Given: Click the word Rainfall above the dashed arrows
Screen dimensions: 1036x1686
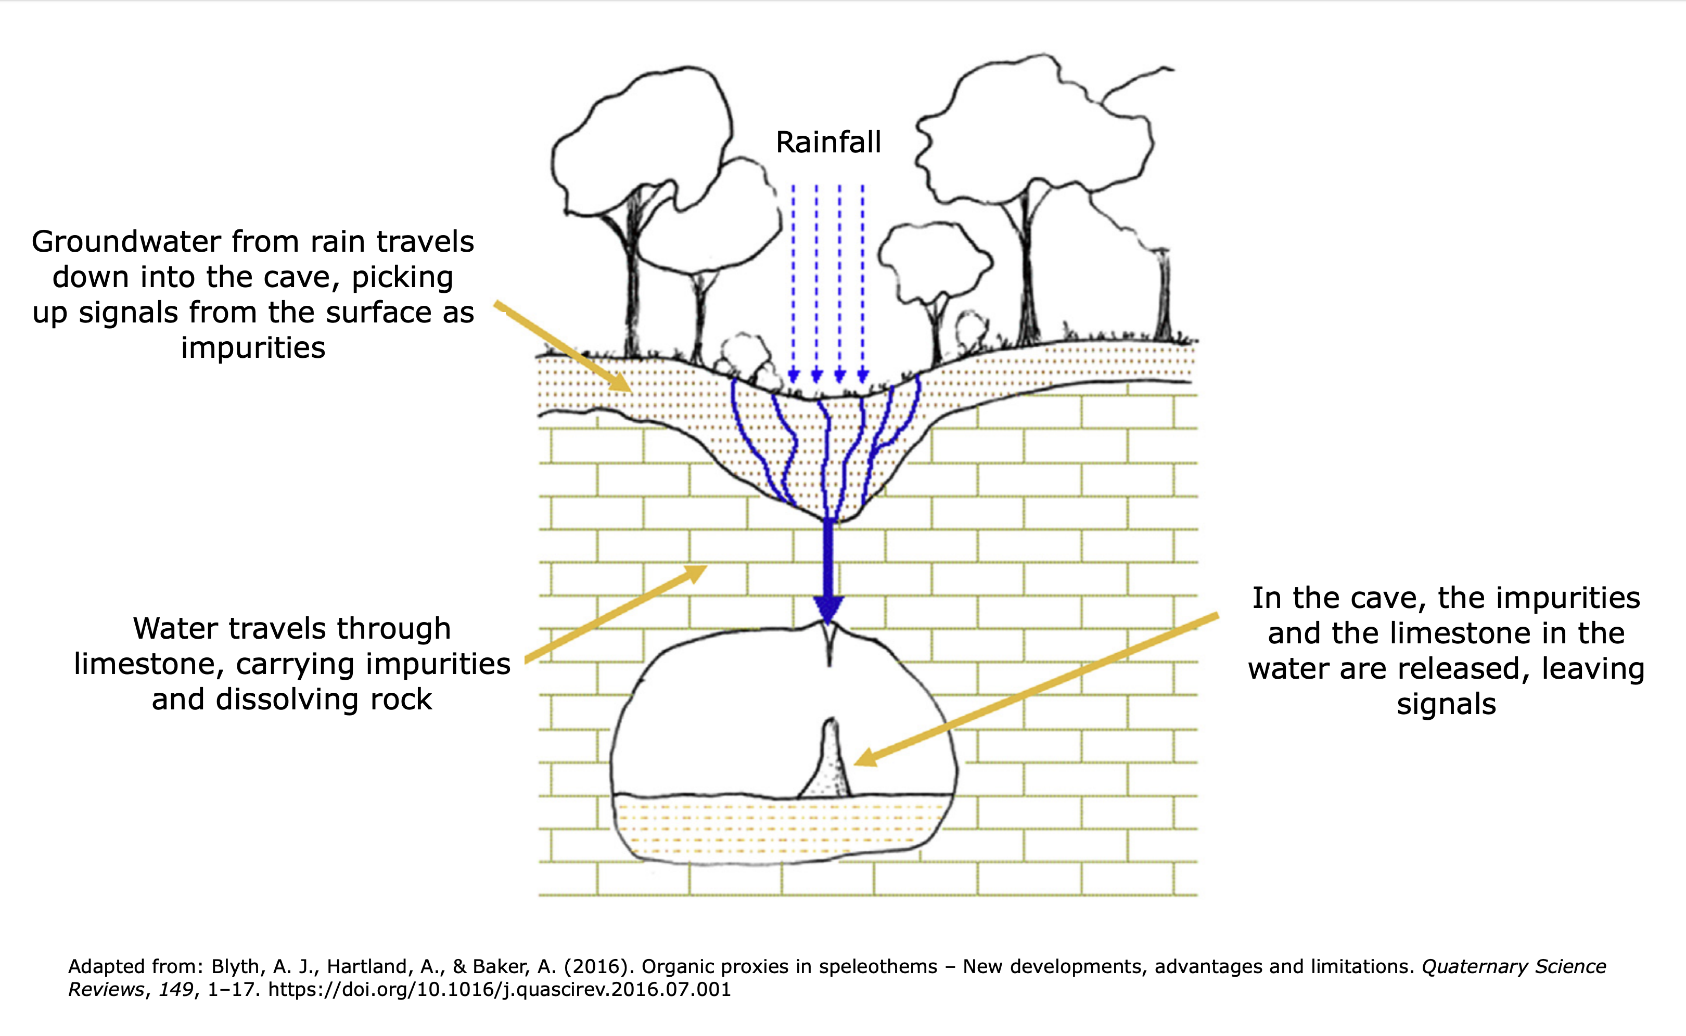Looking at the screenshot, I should [x=828, y=143].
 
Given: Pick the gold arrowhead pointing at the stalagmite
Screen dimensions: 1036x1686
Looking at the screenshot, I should [x=865, y=758].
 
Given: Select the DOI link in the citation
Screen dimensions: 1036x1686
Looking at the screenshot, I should [x=500, y=989].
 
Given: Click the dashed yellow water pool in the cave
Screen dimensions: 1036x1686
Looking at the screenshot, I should [x=781, y=827].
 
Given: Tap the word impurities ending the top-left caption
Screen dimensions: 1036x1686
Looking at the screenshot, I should [x=253, y=348].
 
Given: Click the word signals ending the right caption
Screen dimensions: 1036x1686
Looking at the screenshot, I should [x=1446, y=704].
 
